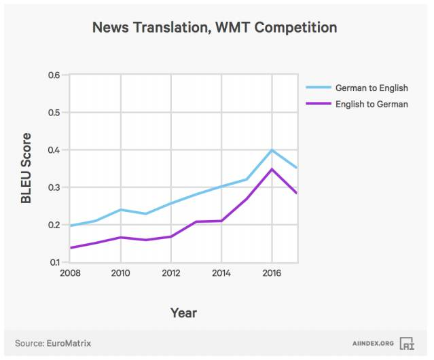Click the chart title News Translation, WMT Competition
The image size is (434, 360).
click(x=215, y=28)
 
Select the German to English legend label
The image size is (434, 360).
click(x=371, y=88)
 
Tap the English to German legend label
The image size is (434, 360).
click(x=371, y=104)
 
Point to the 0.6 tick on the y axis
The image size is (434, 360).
click(x=54, y=75)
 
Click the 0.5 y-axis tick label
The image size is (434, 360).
click(x=54, y=112)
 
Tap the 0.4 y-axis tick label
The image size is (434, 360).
click(x=54, y=149)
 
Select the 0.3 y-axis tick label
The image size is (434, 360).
click(x=54, y=187)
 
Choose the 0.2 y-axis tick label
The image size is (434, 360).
click(x=54, y=225)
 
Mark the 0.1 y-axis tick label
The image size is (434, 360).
click(x=54, y=262)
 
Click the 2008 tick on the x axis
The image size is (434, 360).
click(x=70, y=273)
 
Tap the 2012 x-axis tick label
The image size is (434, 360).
click(x=171, y=273)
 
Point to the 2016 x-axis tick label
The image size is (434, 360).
click(x=272, y=273)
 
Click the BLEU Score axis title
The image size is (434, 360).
click(x=26, y=168)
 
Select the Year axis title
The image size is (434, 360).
click(x=183, y=312)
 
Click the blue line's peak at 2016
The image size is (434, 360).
click(x=272, y=150)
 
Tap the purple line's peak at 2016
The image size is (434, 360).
click(x=272, y=169)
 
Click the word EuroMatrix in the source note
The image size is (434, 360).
click(x=69, y=344)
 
